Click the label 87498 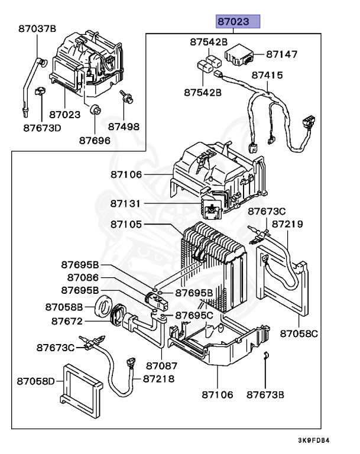click(124, 126)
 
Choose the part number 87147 click(282, 54)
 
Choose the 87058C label click(299, 333)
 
